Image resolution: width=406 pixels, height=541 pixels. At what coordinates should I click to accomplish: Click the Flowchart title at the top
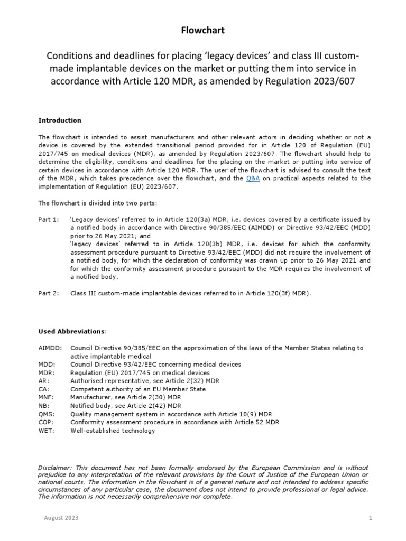pos(203,31)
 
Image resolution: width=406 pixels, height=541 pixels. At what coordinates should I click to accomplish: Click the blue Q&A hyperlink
pos(253,179)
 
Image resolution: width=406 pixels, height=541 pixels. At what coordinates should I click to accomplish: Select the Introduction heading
pos(60,120)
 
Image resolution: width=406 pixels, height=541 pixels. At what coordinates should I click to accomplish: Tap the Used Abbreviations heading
pos(72,331)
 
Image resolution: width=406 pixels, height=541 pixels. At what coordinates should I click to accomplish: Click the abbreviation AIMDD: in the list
pos(50,348)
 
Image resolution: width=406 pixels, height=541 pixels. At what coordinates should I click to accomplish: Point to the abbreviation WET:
pos(46,431)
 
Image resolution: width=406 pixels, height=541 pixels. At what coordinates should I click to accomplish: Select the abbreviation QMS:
pos(47,414)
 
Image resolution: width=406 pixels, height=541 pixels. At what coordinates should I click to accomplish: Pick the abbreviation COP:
pos(46,422)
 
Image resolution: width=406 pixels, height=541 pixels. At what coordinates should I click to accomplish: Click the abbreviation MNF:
pos(47,397)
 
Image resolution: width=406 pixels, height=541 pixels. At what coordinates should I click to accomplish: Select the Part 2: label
pos(49,293)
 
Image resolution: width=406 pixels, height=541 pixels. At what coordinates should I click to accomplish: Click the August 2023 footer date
pos(61,518)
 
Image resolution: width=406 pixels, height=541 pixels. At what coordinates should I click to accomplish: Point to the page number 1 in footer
pos(371,518)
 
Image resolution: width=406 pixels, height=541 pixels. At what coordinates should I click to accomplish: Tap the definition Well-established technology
pos(113,431)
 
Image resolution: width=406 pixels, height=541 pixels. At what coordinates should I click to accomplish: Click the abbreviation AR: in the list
pos(44,381)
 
